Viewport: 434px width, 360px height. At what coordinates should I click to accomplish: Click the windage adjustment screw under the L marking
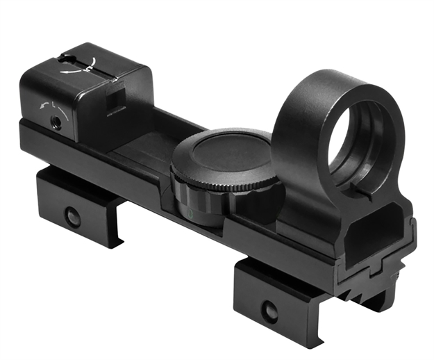[x=56, y=121]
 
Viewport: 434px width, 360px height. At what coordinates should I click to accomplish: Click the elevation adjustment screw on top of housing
[x=88, y=65]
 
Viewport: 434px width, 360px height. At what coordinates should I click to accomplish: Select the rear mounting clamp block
[x=76, y=205]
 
